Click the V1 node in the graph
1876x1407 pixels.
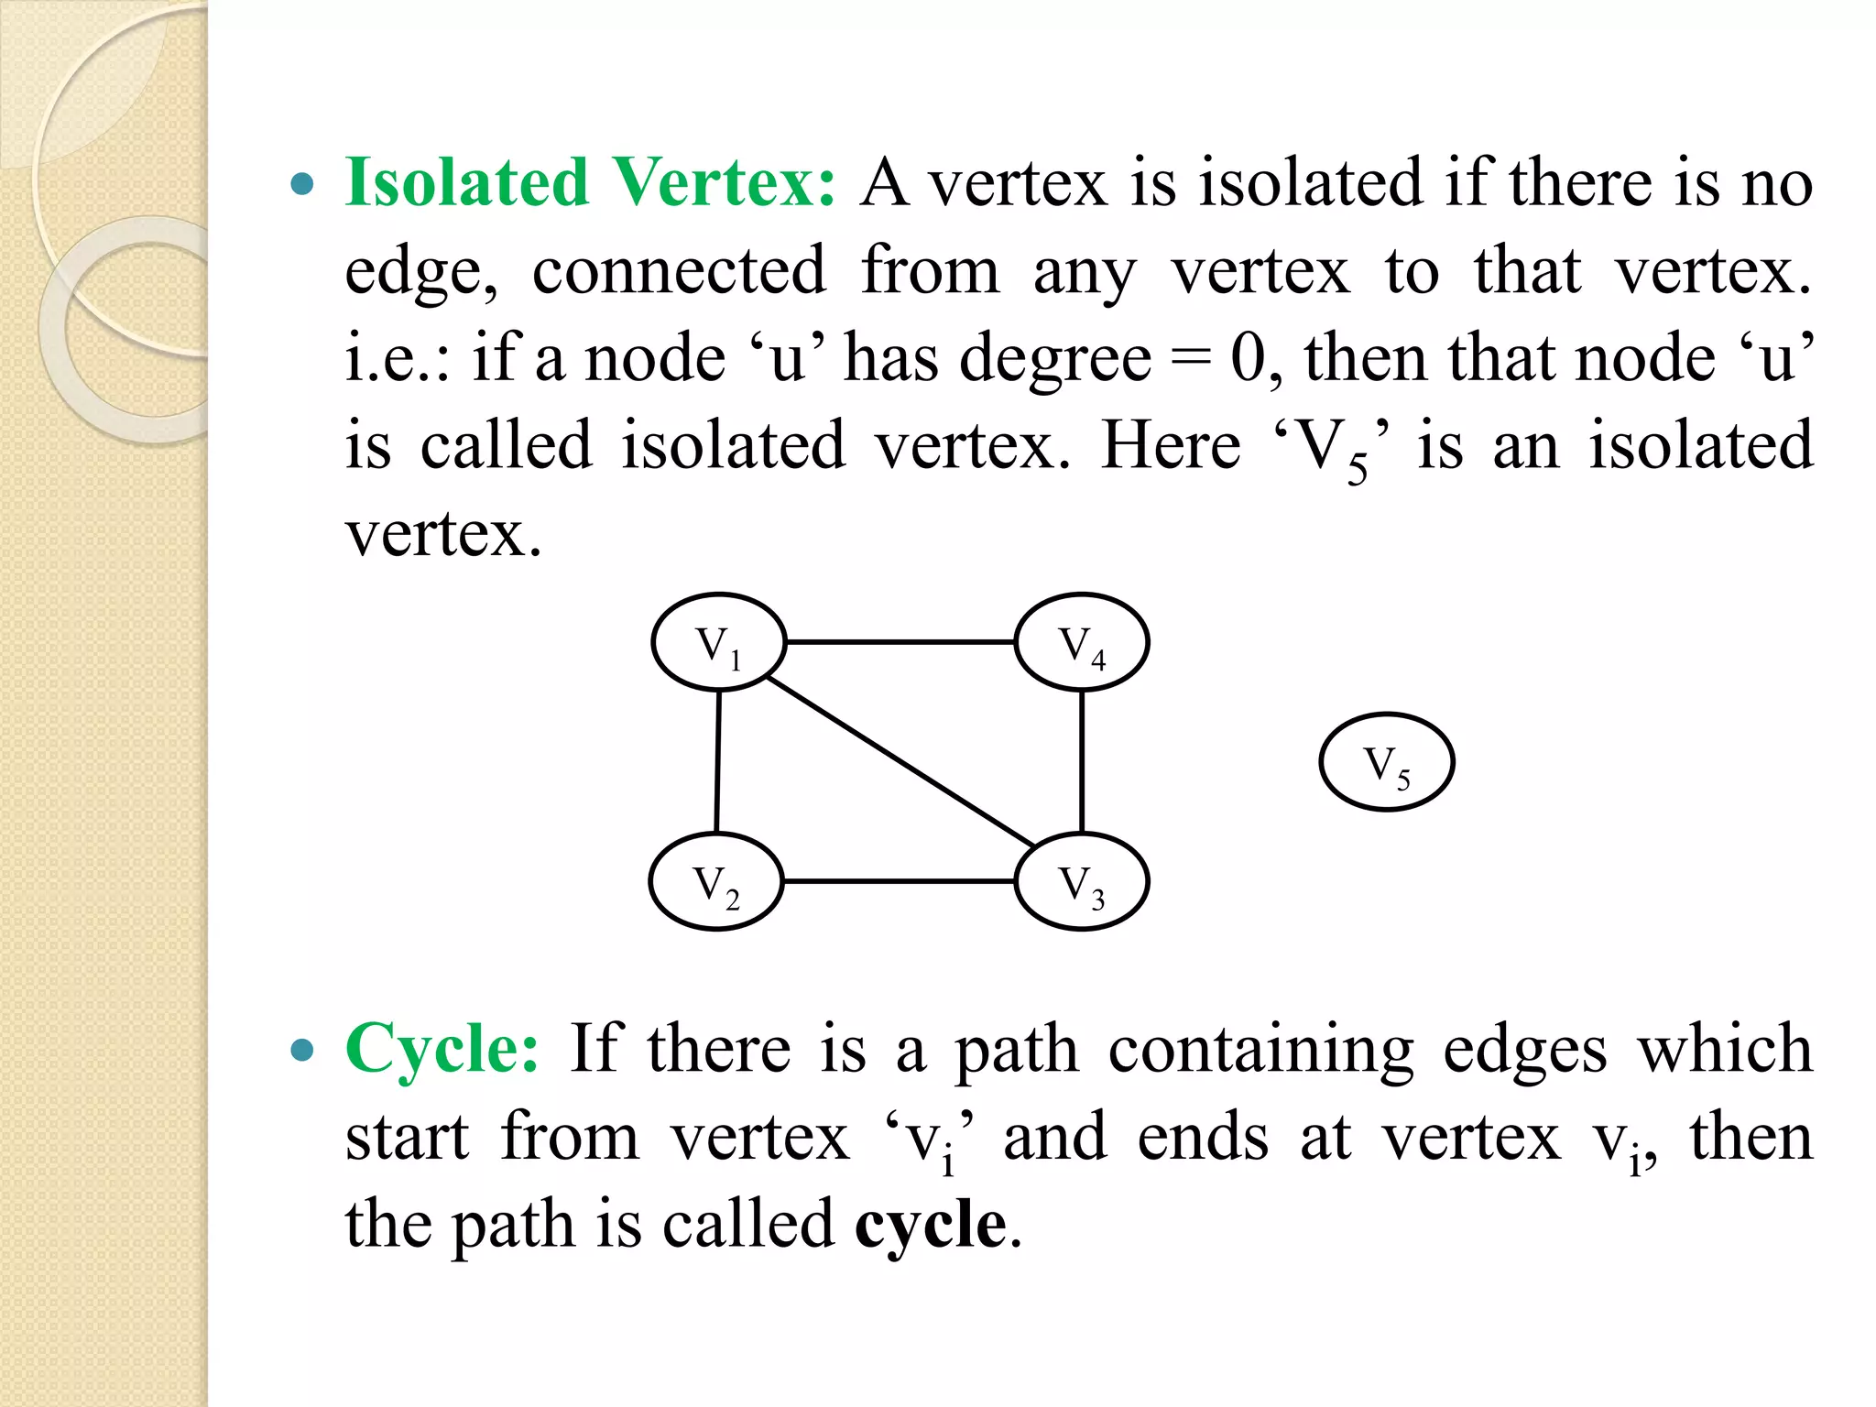[718, 642]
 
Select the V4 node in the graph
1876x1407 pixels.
[1082, 642]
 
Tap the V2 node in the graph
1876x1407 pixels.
[716, 881]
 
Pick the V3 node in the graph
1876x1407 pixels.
[1082, 881]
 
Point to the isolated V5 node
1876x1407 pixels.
[1387, 762]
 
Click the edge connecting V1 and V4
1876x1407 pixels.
[900, 642]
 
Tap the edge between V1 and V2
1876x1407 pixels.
[717, 762]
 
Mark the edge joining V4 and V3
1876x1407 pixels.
[1082, 762]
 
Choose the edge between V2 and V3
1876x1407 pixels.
[900, 881]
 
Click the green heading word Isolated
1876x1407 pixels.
[466, 182]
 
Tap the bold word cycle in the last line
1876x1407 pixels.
[931, 1224]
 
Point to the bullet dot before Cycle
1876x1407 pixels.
[301, 1051]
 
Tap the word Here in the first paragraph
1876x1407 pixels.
[1170, 446]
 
